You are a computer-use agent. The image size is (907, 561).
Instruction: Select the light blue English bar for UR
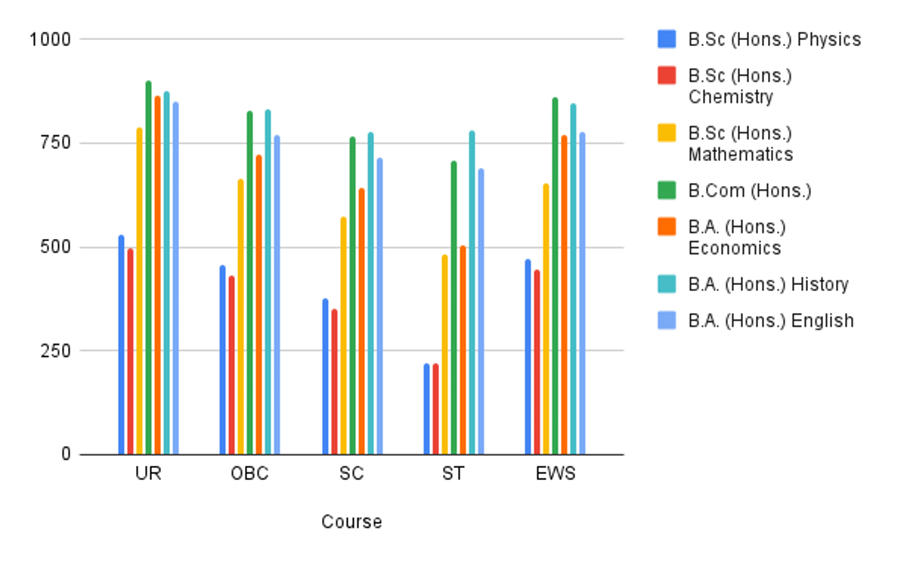pos(175,279)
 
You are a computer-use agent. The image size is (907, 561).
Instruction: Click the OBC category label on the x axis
pos(249,475)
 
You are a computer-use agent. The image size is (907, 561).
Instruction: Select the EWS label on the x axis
pos(555,475)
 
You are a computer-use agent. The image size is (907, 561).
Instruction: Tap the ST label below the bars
pos(453,475)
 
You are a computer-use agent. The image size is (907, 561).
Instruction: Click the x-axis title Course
pos(351,522)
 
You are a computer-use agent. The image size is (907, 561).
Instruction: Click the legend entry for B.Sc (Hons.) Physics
pos(774,39)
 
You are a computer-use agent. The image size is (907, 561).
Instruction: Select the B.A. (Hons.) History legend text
pos(768,284)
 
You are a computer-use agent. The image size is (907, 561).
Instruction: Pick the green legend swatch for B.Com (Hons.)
pos(667,191)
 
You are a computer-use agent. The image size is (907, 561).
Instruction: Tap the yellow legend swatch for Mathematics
pos(667,134)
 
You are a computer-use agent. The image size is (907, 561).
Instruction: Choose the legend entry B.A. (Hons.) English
pos(770,321)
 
